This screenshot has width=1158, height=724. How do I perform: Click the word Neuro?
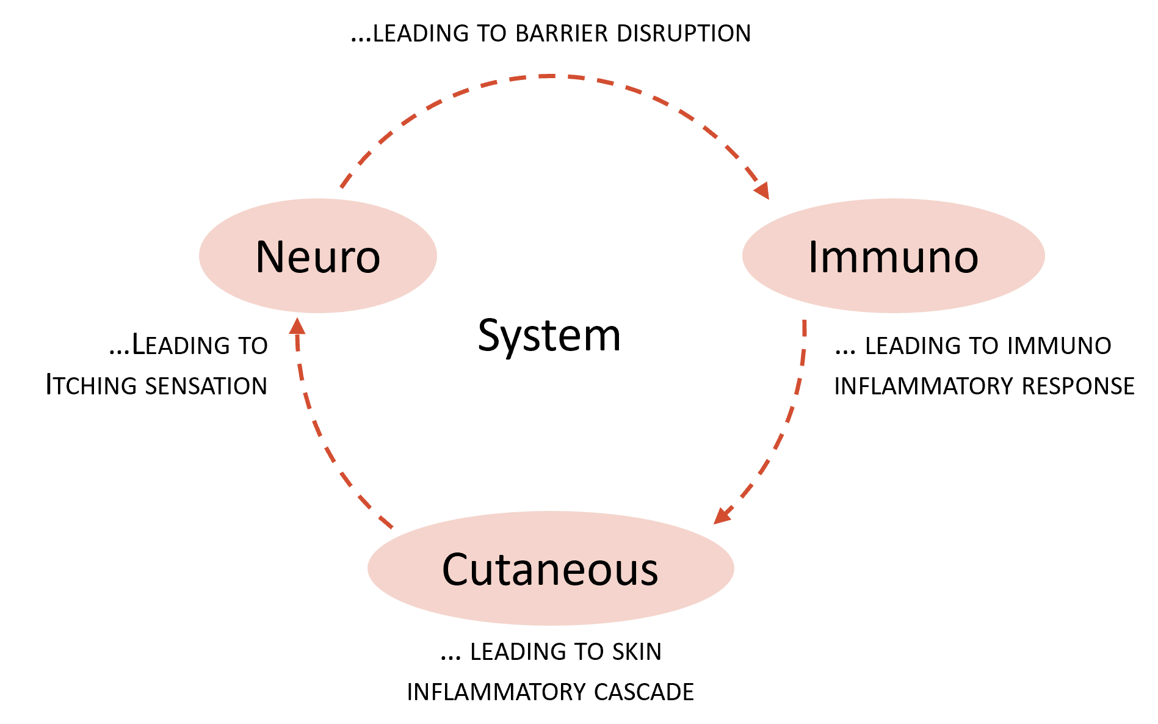tap(317, 257)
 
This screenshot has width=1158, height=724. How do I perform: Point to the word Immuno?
tap(892, 257)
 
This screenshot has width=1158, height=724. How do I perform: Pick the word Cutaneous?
tap(550, 570)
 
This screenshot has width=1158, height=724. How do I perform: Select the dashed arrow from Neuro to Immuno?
tap(549, 77)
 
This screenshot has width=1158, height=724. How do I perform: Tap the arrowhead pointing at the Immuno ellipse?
tap(762, 191)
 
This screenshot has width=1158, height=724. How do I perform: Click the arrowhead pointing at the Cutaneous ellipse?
tap(722, 516)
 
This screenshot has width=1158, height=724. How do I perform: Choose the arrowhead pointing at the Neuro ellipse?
tap(297, 326)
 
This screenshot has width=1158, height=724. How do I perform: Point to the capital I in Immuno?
tap(813, 257)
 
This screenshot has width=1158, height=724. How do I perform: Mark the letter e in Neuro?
tap(300, 259)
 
